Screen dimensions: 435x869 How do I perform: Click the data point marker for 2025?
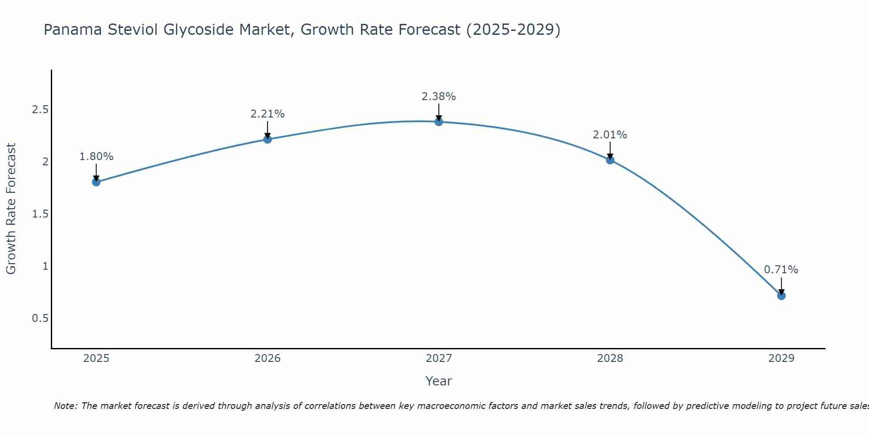96,182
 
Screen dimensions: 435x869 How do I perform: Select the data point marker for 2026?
268,139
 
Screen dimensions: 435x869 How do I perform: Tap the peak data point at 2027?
439,121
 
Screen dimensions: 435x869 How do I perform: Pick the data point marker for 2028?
610,160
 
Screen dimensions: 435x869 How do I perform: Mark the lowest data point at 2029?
781,296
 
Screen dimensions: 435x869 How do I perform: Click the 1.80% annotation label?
96,157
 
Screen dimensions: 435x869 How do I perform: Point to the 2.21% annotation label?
268,114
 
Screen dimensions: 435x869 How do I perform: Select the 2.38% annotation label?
439,97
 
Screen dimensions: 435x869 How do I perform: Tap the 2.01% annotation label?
610,135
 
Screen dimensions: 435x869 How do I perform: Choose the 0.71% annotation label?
781,270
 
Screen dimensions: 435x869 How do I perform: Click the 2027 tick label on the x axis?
439,358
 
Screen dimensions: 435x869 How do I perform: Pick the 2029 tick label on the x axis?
781,358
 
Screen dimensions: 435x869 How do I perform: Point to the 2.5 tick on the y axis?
40,109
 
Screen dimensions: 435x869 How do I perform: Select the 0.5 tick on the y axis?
40,318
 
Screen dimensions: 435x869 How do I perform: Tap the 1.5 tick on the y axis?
40,214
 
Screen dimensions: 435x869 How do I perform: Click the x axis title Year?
439,381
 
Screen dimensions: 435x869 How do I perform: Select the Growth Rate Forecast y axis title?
11,209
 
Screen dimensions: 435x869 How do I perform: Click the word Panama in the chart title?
73,30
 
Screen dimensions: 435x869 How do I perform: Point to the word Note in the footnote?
65,406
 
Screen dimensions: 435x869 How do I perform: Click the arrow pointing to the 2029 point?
781,285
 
